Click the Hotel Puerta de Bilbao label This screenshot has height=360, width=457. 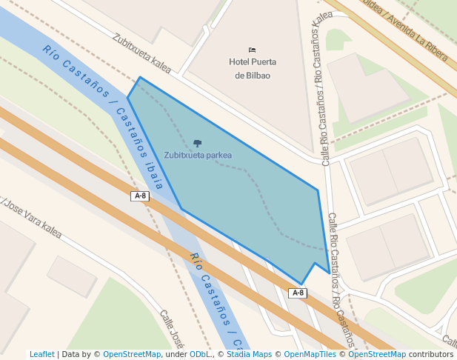[x=252, y=69]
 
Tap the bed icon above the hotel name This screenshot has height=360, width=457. [x=252, y=50]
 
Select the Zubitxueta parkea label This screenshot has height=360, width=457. [x=198, y=156]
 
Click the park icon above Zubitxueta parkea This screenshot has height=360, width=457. [x=197, y=142]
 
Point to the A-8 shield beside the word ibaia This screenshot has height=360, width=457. [x=140, y=196]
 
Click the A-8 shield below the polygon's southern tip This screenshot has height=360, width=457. [x=298, y=293]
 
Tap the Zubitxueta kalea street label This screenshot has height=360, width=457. [x=141, y=53]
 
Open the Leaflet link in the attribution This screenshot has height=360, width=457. [x=42, y=354]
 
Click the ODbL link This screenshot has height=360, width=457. [x=200, y=354]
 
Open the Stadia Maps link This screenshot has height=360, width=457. [x=249, y=354]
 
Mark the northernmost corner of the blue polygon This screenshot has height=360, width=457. [x=140, y=77]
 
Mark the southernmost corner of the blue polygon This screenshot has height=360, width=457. [x=301, y=284]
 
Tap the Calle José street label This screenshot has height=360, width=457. [x=172, y=329]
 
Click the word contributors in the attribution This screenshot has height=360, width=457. [x=431, y=354]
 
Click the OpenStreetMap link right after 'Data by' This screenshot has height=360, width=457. [x=132, y=354]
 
